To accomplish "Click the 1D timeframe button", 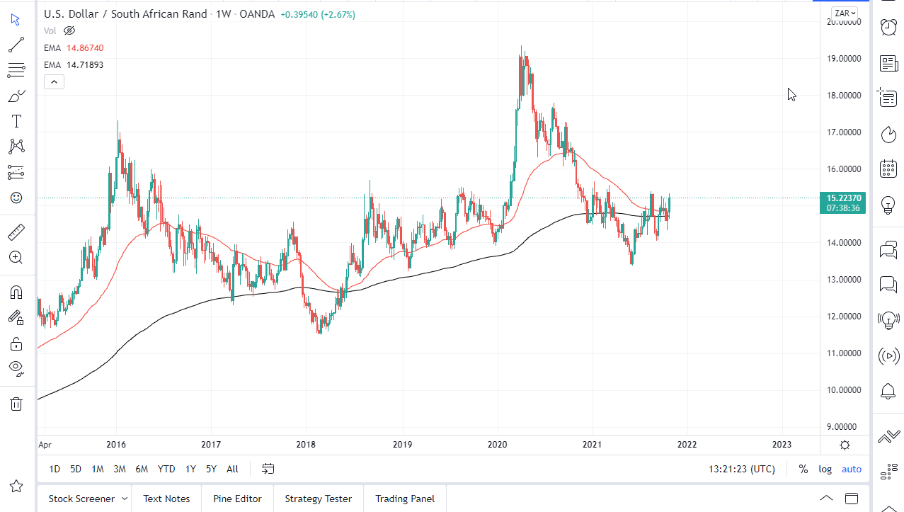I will [x=55, y=469].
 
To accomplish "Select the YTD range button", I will [x=166, y=469].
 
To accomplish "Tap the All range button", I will [x=232, y=469].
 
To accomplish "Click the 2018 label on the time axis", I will [x=306, y=445].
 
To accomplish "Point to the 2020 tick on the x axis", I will [x=497, y=445].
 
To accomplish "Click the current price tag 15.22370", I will [x=842, y=198].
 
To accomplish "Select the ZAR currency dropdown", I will [x=845, y=13].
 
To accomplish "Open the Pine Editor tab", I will [x=237, y=499].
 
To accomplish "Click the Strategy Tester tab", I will [x=318, y=499].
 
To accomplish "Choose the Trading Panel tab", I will [x=405, y=499].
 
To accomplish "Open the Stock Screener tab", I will [x=81, y=499].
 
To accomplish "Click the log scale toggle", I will [x=825, y=469].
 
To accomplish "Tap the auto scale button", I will [x=852, y=469].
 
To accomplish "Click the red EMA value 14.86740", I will [x=85, y=47].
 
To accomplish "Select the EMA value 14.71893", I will [x=85, y=64].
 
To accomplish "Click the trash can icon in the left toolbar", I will [x=16, y=404].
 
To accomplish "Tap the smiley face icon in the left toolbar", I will [x=16, y=198].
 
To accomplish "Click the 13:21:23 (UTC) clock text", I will [x=741, y=469].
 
